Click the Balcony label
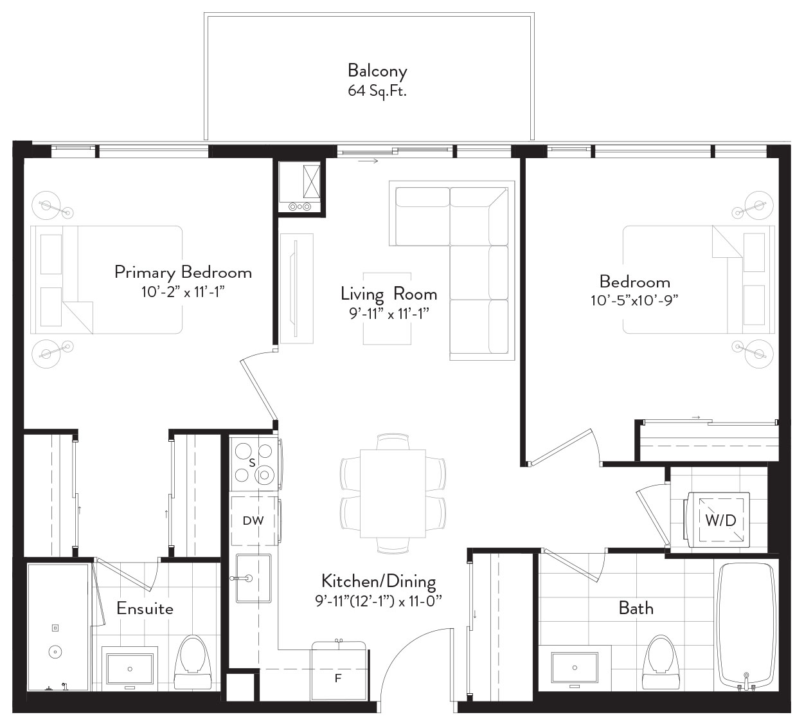click(377, 71)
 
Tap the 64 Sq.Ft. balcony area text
click(377, 91)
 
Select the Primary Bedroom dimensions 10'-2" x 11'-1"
click(183, 292)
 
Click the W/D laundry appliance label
click(720, 520)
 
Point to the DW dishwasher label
click(253, 521)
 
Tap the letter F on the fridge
click(338, 678)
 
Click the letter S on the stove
click(252, 463)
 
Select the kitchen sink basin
click(253, 578)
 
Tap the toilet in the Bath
click(662, 662)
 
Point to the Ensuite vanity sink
click(129, 669)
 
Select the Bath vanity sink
click(575, 667)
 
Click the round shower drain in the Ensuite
click(55, 652)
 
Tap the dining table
click(393, 494)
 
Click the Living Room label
click(389, 295)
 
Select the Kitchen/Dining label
click(379, 581)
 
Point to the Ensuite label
click(145, 608)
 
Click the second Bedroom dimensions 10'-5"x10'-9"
click(634, 300)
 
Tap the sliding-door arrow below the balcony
click(368, 161)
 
